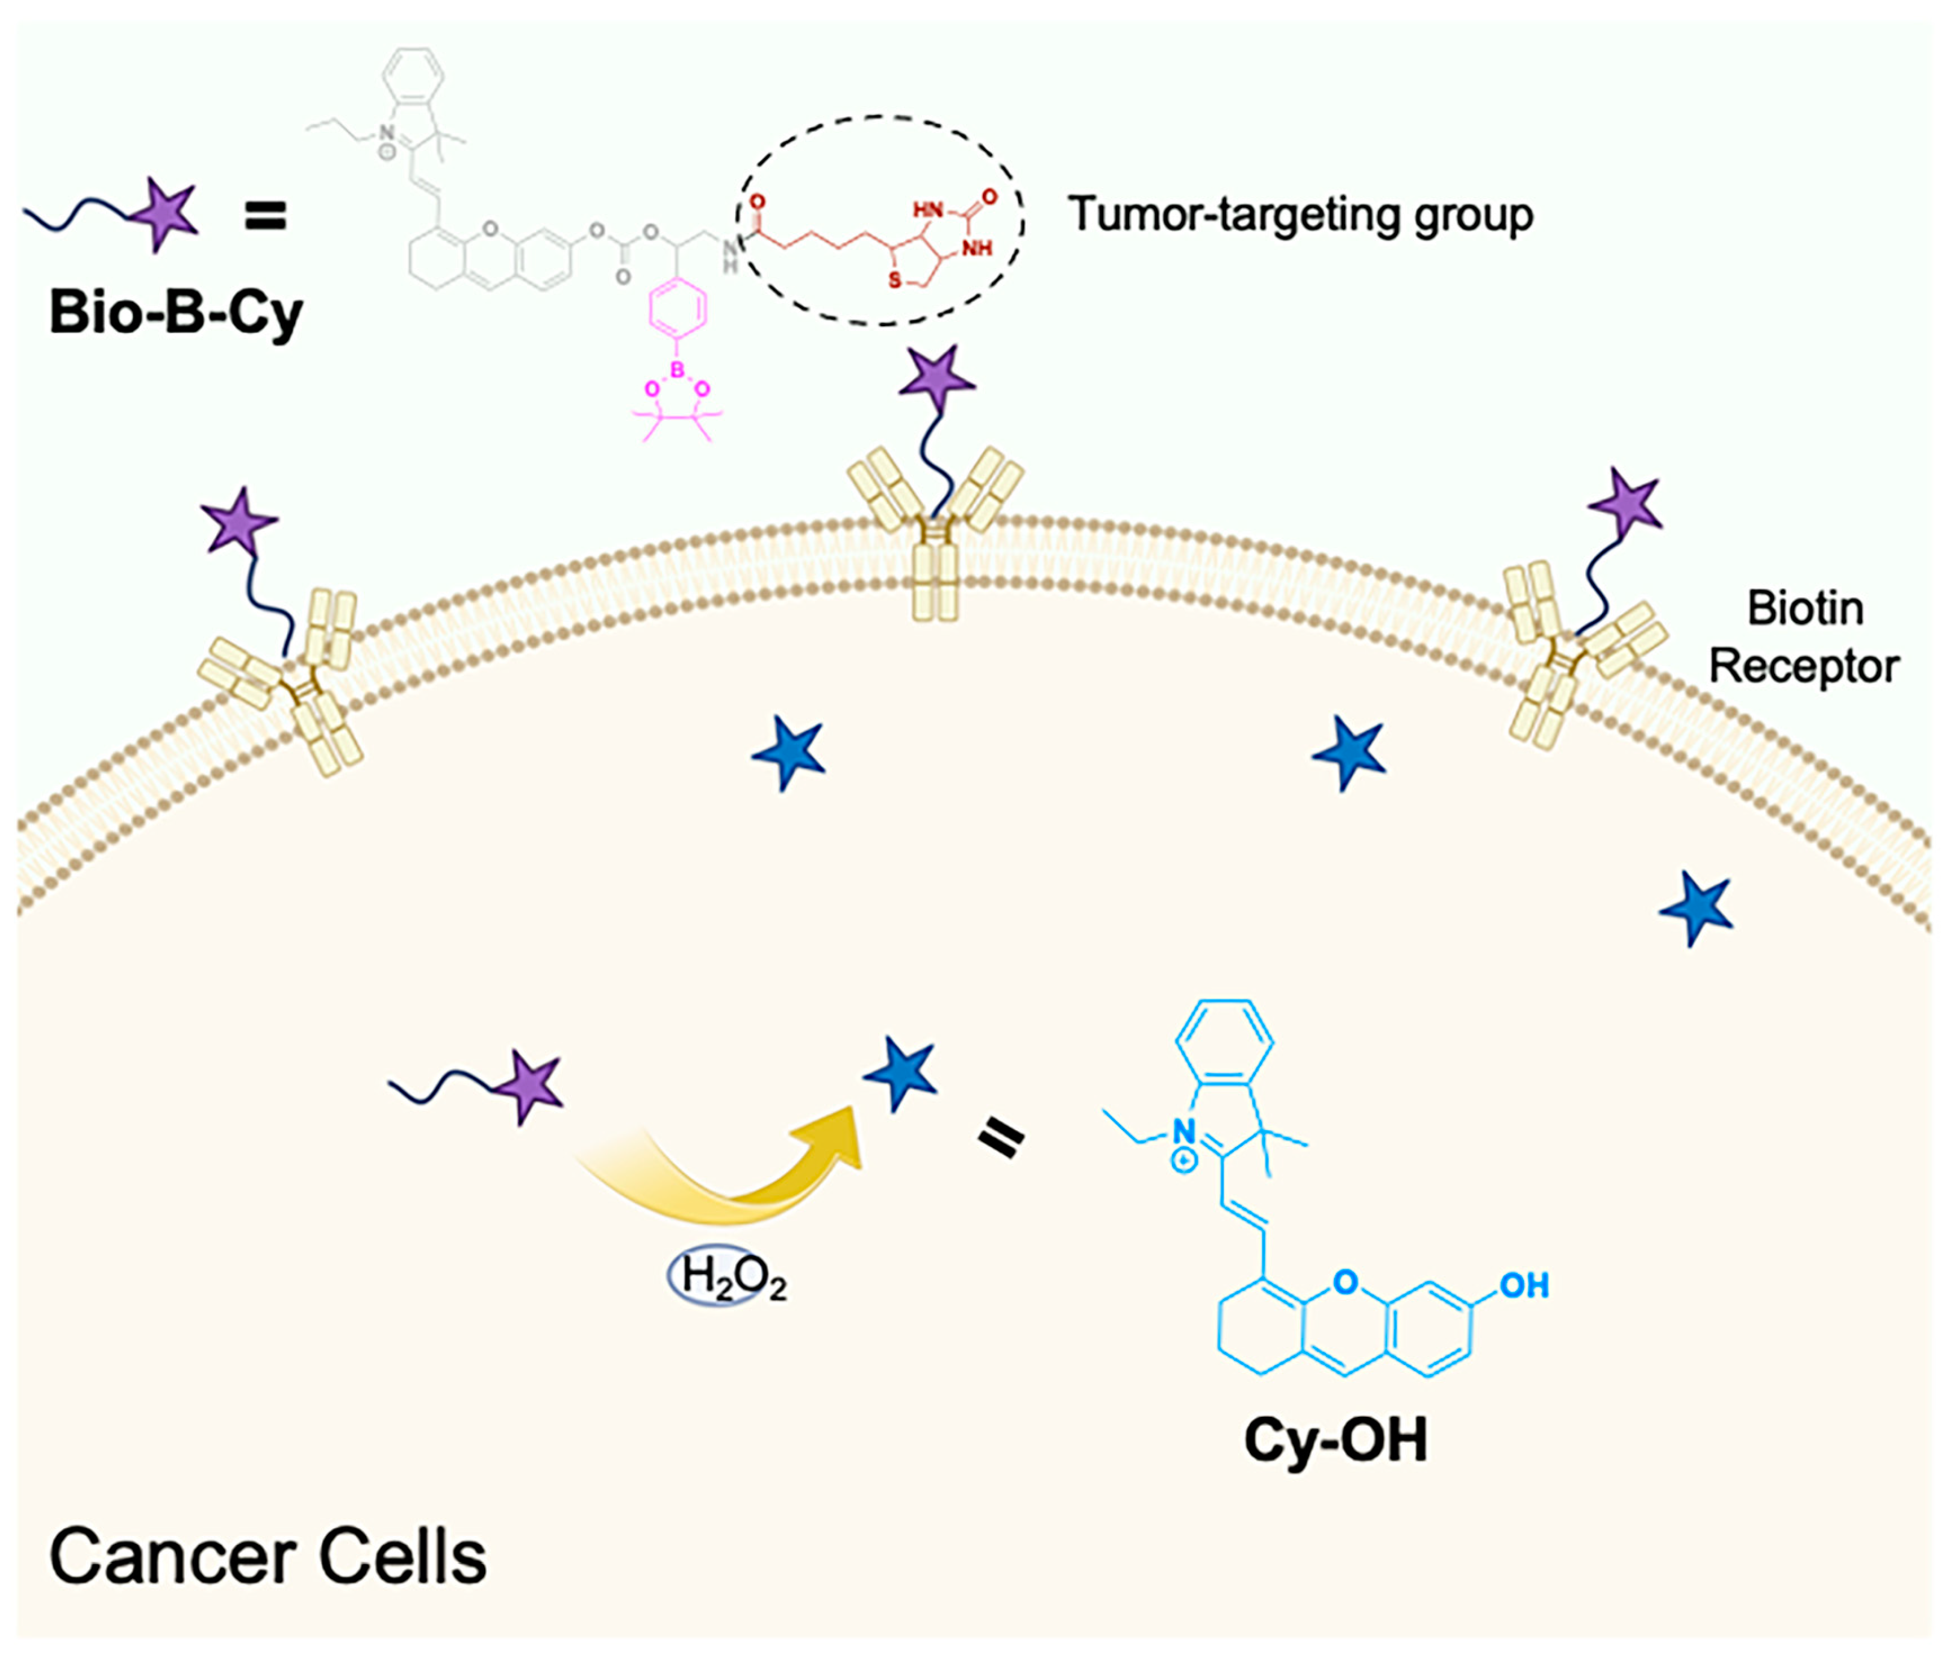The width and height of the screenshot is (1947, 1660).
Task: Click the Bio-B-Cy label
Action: (176, 313)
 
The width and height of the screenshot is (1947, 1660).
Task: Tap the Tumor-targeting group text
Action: (1300, 215)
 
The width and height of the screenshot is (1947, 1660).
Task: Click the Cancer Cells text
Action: (268, 1556)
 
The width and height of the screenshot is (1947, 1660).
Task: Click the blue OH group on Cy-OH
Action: (1523, 1285)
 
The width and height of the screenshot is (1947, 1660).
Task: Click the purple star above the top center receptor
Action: (936, 381)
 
